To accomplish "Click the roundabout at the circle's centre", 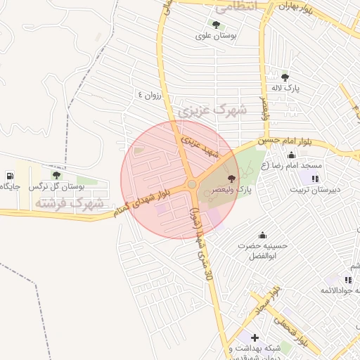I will (191, 184).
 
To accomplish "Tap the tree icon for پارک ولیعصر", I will (233, 179).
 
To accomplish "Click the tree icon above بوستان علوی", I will (215, 25).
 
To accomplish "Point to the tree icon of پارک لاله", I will (285, 77).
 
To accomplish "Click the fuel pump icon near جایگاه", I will (9, 175).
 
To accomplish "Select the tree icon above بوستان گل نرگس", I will (56, 175).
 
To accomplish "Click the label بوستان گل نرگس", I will (56, 187).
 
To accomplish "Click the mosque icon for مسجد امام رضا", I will (290, 155).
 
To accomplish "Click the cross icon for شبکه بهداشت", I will (255, 337).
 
